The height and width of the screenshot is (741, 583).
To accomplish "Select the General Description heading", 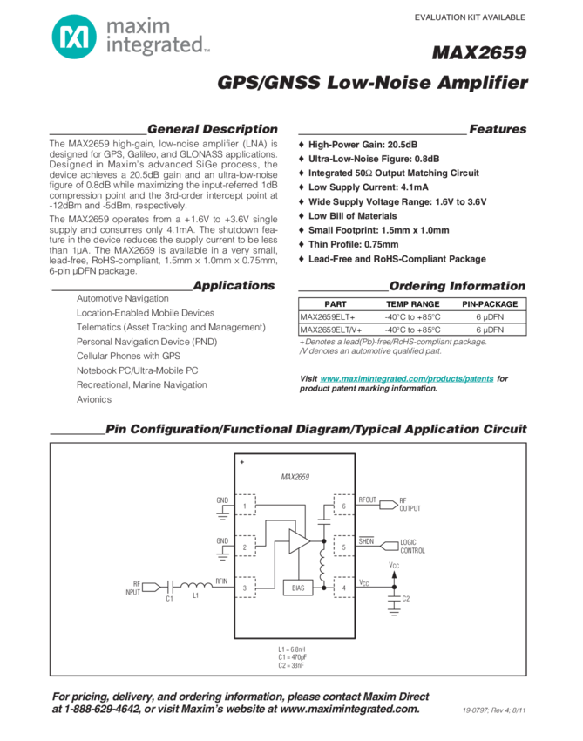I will [213, 129].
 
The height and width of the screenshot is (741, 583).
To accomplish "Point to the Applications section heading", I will [234, 285].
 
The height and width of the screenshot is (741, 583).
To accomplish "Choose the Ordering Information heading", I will [457, 285].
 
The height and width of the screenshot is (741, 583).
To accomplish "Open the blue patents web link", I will [408, 378].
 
